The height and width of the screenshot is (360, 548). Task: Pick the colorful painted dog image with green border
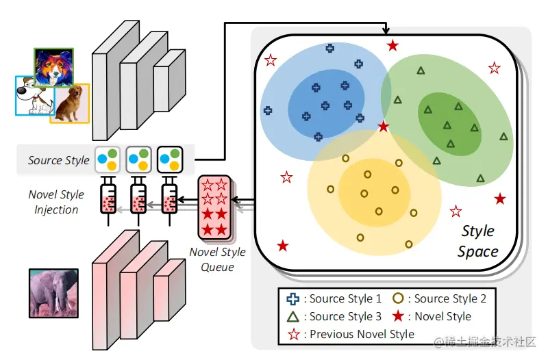pos(53,67)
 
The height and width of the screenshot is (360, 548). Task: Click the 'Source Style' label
pos(58,160)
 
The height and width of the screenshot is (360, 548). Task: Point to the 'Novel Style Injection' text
pos(56,202)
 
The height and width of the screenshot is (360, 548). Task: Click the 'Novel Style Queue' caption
pos(218,259)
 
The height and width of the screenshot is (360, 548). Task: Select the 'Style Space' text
pos(477,241)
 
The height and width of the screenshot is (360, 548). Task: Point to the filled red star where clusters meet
pos(384,127)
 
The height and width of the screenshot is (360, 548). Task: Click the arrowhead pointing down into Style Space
pos(386,31)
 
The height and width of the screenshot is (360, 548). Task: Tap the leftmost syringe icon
pos(108,197)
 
